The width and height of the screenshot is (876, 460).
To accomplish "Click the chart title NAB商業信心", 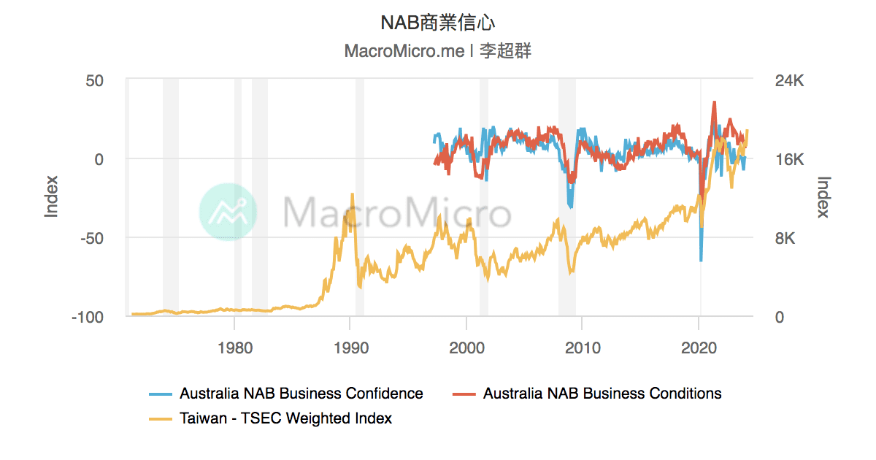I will click(438, 23).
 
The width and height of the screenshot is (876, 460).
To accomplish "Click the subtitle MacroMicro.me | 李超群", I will click(438, 52).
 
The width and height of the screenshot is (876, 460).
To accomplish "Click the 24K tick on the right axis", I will click(788, 80).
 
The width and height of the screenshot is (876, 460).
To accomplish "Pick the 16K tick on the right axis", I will click(788, 159).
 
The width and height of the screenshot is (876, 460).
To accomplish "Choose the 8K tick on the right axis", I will click(784, 238).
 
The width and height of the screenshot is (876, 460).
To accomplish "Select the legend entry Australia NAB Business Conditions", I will click(602, 394).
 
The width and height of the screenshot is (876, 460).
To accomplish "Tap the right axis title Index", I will click(824, 197).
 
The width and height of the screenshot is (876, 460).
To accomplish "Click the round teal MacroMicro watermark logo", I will click(228, 212).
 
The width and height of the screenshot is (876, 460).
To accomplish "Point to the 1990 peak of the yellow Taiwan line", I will click(353, 194).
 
